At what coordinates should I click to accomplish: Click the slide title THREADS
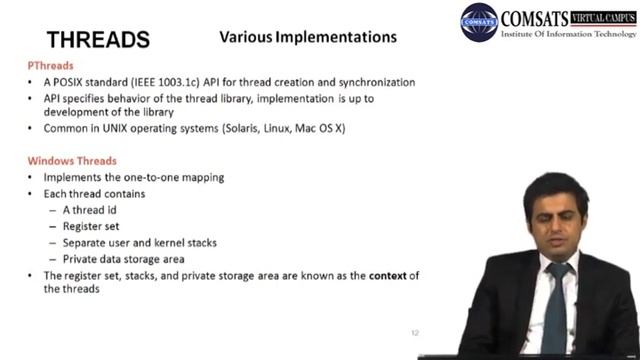point(98,40)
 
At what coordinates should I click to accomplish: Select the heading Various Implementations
point(307,37)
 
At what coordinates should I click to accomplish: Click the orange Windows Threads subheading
point(71,161)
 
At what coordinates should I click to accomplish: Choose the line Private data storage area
point(124,258)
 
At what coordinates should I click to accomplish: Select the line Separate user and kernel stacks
point(139,242)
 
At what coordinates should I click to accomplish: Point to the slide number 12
point(415,332)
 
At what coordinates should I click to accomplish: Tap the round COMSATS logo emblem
point(479,21)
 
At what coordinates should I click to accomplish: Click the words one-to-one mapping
point(176,177)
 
